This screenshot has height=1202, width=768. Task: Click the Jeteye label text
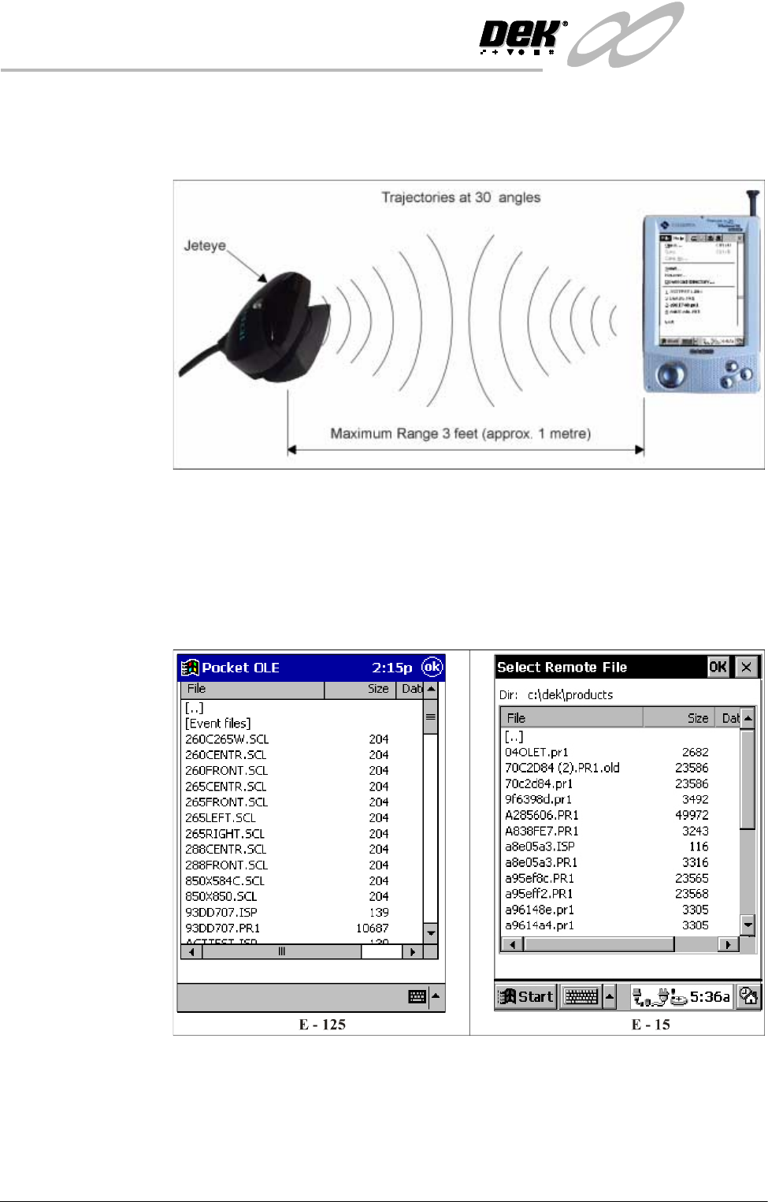click(205, 246)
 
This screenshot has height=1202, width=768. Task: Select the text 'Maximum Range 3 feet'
click(404, 434)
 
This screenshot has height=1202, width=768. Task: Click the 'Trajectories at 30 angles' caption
click(461, 197)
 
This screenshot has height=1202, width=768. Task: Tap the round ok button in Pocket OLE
click(432, 667)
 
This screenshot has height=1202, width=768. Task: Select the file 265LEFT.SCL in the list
click(221, 818)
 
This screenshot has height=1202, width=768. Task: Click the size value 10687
click(372, 928)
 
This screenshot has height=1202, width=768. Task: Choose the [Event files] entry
click(218, 724)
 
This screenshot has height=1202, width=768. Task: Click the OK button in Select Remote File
click(718, 667)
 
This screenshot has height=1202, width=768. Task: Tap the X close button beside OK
click(746, 667)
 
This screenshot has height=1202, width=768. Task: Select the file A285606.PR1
click(542, 815)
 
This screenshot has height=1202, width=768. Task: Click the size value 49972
click(692, 815)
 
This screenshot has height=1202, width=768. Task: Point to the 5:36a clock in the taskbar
click(710, 996)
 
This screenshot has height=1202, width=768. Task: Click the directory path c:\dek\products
click(570, 694)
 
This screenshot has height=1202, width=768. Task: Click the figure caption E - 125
click(322, 1025)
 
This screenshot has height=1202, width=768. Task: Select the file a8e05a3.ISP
click(540, 847)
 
